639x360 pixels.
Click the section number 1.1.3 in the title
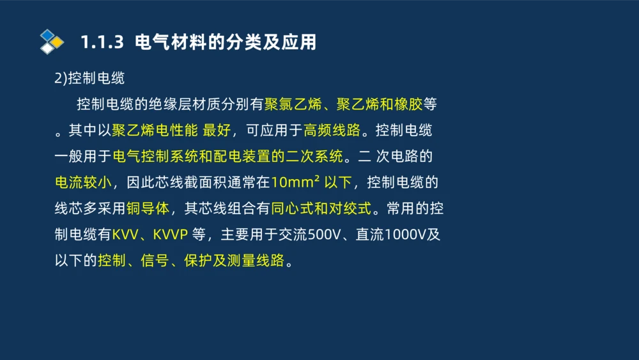click(x=101, y=42)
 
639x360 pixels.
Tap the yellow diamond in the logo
click(x=58, y=42)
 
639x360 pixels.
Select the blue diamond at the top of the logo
click(x=48, y=35)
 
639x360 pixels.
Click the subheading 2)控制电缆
click(x=89, y=78)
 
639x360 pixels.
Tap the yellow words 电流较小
click(x=83, y=182)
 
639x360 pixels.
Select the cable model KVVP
click(x=170, y=235)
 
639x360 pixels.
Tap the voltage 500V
click(x=325, y=235)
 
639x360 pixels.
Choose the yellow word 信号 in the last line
click(x=155, y=261)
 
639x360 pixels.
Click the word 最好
click(x=217, y=130)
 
